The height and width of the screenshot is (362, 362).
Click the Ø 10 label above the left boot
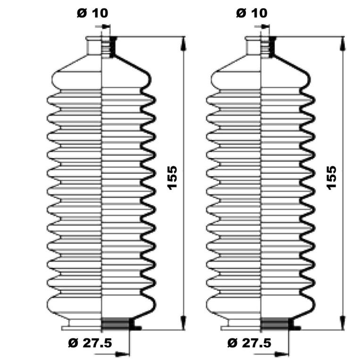[93, 13]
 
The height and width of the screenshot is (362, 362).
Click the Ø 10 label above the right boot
[252, 13]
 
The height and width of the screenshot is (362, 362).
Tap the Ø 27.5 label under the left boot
[90, 343]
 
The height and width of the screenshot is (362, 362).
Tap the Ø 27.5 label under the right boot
[249, 343]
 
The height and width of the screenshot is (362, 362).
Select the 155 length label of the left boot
[172, 178]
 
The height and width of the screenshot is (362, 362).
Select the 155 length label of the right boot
[331, 178]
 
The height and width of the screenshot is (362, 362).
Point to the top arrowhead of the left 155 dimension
[183, 44]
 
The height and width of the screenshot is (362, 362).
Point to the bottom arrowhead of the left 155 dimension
[183, 323]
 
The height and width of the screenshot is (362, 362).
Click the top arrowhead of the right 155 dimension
[342, 44]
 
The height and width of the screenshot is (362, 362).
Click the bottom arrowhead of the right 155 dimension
[342, 323]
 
